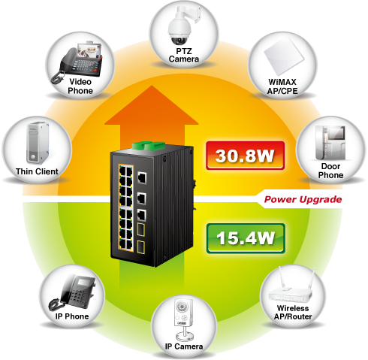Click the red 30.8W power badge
[245, 156]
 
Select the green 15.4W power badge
[246, 238]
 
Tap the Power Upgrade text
[303, 200]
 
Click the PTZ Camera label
[184, 55]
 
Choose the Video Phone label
[80, 86]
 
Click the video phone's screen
[89, 51]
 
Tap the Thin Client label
[37, 171]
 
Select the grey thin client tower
[38, 143]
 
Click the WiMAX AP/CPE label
[282, 86]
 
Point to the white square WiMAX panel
[284, 57]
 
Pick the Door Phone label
[330, 171]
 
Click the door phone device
[330, 143]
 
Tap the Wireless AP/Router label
[293, 313]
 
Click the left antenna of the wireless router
[282, 277]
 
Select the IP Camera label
[184, 346]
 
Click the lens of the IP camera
[181, 307]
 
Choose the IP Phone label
[72, 316]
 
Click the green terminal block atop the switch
[148, 146]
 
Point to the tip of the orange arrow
[152, 86]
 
